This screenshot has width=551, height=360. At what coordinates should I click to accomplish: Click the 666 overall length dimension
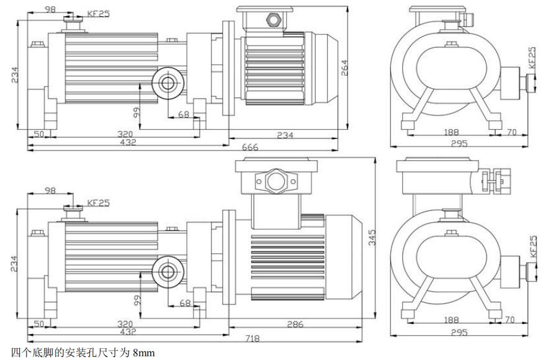click(250, 147)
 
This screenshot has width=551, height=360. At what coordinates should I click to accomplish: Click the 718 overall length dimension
click(253, 338)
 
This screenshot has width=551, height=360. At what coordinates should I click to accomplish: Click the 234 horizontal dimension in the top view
click(285, 135)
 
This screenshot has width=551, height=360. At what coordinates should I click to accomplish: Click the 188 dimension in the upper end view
click(450, 132)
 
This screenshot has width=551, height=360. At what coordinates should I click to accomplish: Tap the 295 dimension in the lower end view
click(459, 333)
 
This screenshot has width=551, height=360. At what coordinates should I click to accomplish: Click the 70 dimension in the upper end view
click(511, 132)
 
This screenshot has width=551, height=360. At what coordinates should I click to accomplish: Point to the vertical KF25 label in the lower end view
click(532, 246)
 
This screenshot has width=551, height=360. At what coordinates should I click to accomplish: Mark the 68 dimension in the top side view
click(184, 114)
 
